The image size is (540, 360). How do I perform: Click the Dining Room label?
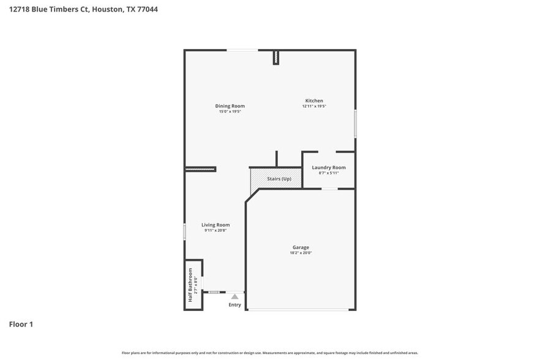[230, 106]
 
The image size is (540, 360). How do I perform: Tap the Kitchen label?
[314, 100]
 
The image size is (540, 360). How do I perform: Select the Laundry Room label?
[329, 167]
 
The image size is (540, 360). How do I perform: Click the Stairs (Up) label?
[279, 178]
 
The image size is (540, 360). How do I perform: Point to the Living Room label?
[216, 225]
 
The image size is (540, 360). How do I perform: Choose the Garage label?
[301, 247]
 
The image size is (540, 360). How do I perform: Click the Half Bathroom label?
[190, 285]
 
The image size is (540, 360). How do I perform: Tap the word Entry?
[235, 305]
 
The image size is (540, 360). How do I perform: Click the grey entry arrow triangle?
[234, 296]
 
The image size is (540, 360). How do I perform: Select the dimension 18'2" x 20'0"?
[301, 253]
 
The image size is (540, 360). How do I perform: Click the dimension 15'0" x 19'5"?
[230, 111]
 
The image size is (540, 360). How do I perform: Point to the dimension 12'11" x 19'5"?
[314, 106]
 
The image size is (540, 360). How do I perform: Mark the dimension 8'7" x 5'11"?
[329, 173]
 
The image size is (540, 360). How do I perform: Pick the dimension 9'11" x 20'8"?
[216, 230]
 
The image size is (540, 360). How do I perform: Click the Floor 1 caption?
[21, 324]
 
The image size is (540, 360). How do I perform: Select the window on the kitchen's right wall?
[355, 123]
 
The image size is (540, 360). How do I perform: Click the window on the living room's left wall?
[185, 231]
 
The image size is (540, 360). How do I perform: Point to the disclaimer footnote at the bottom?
[269, 353]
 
